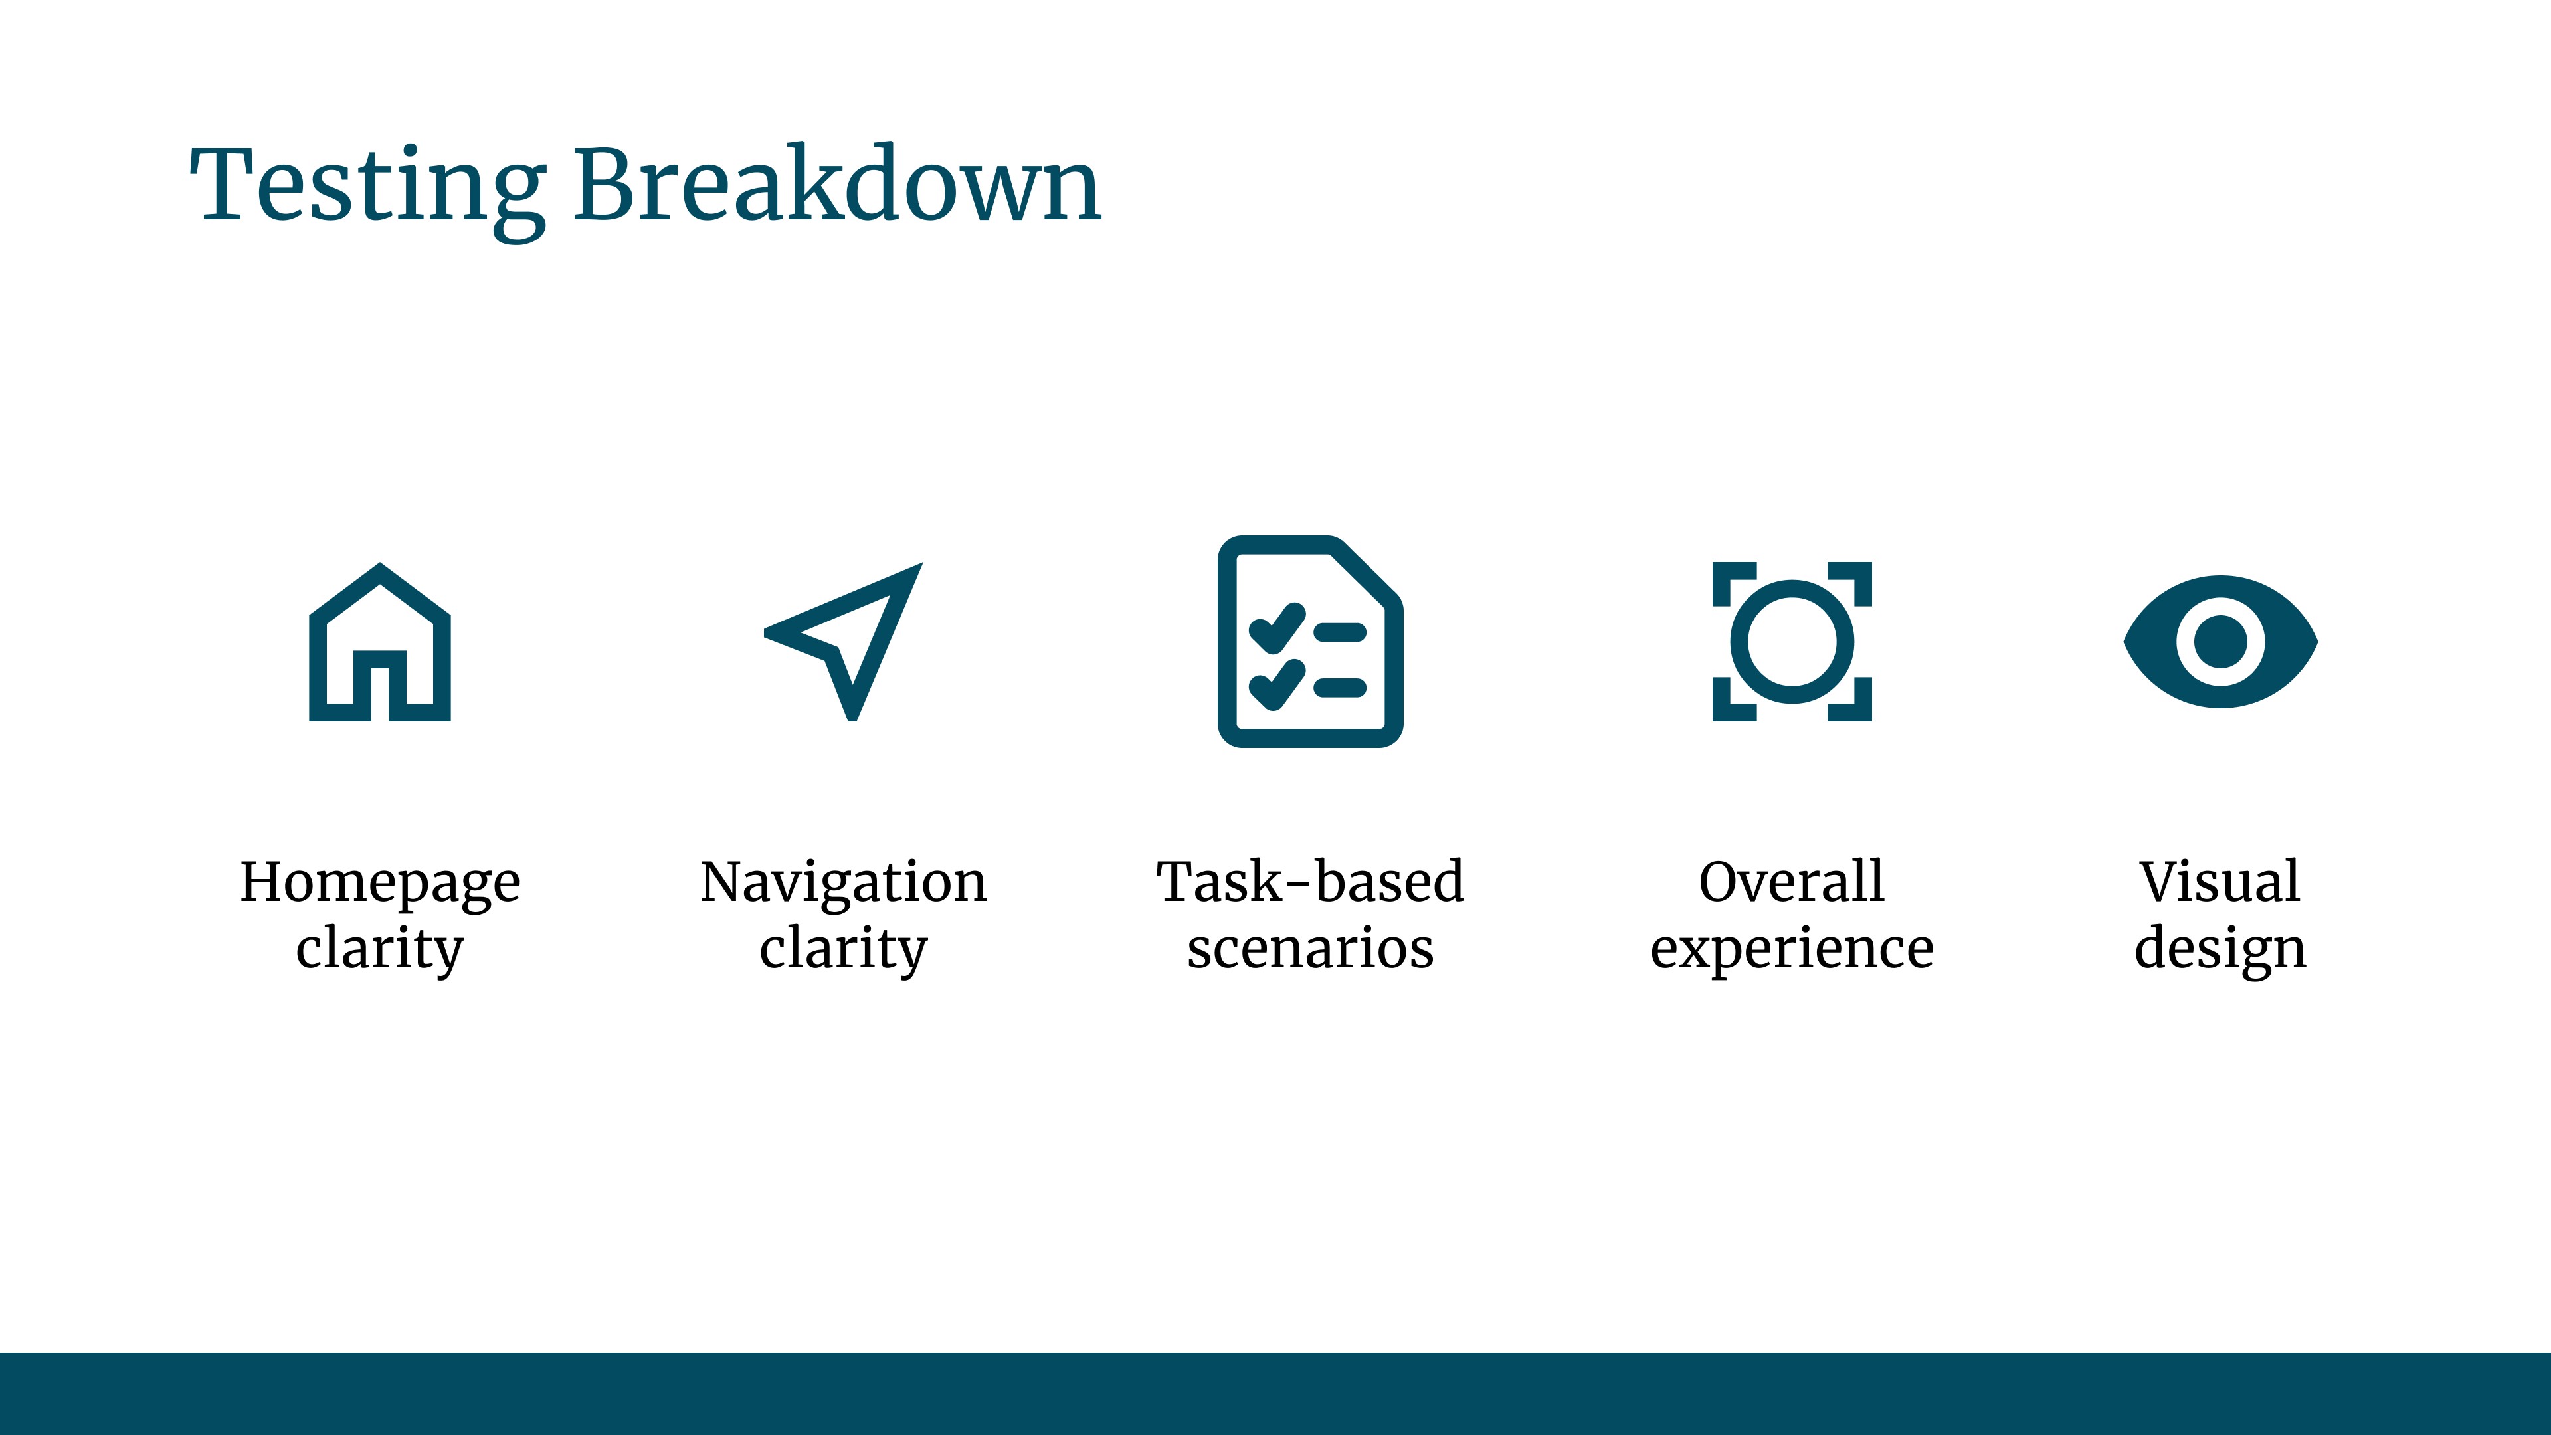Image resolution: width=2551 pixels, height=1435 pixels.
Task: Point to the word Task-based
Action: click(1310, 882)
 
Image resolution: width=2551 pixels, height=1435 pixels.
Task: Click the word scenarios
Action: click(1310, 949)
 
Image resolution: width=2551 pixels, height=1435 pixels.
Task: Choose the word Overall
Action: click(1792, 882)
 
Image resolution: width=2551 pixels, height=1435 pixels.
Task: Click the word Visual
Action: click(2220, 882)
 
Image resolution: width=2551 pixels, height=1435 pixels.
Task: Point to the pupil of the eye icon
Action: click(2220, 642)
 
